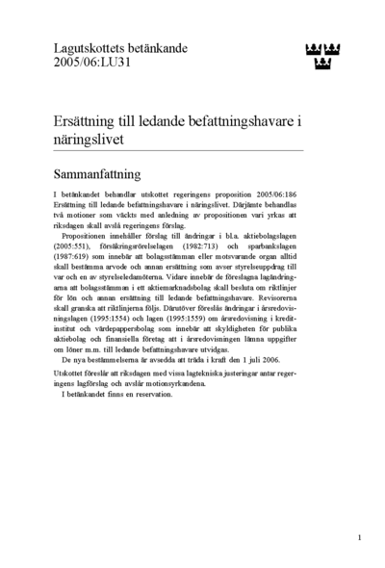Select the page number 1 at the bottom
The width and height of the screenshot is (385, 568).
coord(359,537)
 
